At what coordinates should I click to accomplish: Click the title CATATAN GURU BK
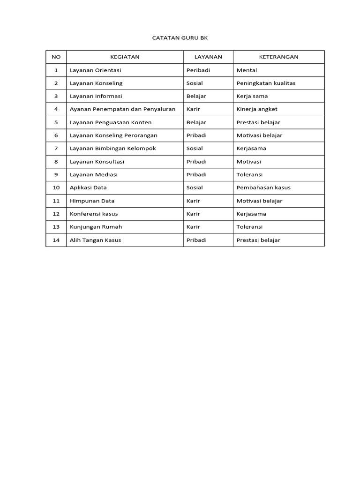(x=180, y=37)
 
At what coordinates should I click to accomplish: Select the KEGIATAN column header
(x=125, y=57)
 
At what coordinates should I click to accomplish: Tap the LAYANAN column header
(x=208, y=57)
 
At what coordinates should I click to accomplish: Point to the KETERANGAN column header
(x=278, y=57)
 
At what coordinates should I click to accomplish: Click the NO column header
(x=56, y=57)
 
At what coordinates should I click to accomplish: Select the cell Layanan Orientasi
(x=95, y=70)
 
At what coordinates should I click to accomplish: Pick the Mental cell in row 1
(x=247, y=70)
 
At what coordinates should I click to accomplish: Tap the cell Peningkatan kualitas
(x=266, y=83)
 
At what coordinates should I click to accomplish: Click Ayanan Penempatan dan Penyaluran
(x=122, y=109)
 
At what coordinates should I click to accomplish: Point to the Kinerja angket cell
(x=257, y=109)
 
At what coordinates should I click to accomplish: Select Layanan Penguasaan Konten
(x=111, y=122)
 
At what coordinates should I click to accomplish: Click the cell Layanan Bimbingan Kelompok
(x=112, y=148)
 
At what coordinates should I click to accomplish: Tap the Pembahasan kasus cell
(x=263, y=187)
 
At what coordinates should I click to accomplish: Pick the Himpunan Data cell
(x=92, y=201)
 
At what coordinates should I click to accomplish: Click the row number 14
(x=56, y=240)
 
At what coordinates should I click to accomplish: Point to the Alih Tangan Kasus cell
(x=95, y=240)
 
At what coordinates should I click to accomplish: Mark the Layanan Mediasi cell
(x=93, y=174)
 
